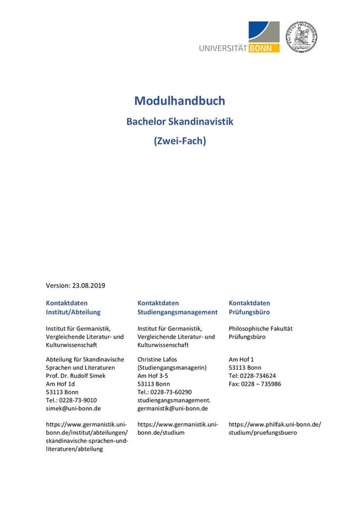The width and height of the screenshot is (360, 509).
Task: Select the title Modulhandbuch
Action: [180, 101]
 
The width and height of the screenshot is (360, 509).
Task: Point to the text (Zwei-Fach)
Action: [180, 141]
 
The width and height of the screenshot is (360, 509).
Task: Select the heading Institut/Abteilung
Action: [72, 311]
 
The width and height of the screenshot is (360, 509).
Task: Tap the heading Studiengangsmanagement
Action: [177, 311]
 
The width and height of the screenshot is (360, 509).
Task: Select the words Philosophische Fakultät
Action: [261, 328]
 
